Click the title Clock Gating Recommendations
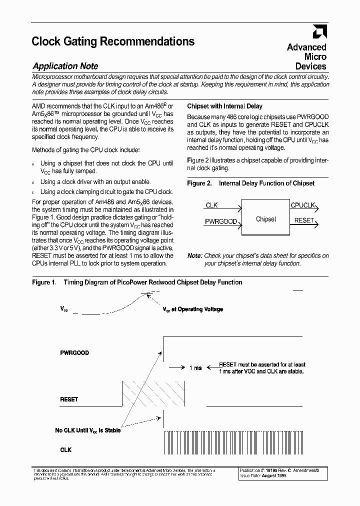pyautogui.click(x=113, y=41)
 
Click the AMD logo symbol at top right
pyautogui.click(x=319, y=32)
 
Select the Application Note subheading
pyautogui.click(x=65, y=66)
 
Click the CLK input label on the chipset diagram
pyautogui.click(x=211, y=205)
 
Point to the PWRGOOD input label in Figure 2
pyautogui.click(x=220, y=221)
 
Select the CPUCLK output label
pyautogui.click(x=302, y=205)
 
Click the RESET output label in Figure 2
pyautogui.click(x=304, y=220)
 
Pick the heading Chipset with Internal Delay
pyautogui.click(x=224, y=106)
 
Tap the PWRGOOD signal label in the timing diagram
pyautogui.click(x=74, y=353)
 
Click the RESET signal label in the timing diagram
pyautogui.click(x=69, y=399)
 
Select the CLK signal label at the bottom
pyautogui.click(x=65, y=450)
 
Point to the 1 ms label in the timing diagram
pyautogui.click(x=195, y=368)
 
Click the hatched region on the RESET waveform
pyautogui.click(x=153, y=393)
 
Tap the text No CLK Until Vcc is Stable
pyautogui.click(x=87, y=430)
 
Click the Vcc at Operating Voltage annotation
pyautogui.click(x=192, y=309)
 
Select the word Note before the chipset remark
pyautogui.click(x=194, y=256)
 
